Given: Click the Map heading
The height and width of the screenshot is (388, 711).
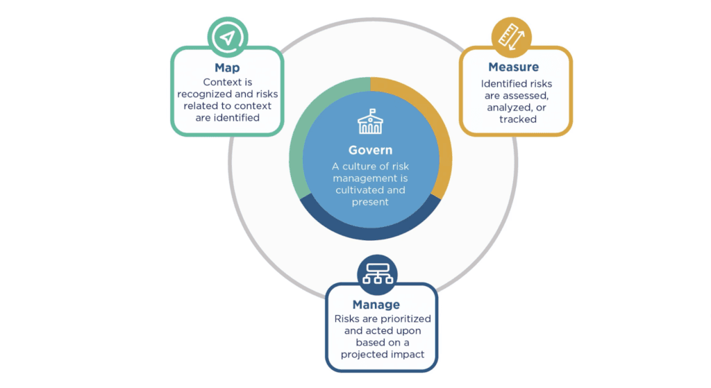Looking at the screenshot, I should [x=227, y=68].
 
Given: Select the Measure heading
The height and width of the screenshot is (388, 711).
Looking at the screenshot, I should [x=513, y=67].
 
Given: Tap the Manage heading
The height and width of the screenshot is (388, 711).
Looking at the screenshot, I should [x=376, y=305].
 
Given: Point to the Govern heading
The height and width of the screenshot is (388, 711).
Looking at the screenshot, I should [x=370, y=150].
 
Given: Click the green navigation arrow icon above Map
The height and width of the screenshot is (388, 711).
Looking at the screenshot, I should [x=227, y=36].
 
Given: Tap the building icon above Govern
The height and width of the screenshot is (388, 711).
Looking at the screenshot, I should [x=370, y=124].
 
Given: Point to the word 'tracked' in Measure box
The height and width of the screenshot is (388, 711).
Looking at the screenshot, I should [x=517, y=119].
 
